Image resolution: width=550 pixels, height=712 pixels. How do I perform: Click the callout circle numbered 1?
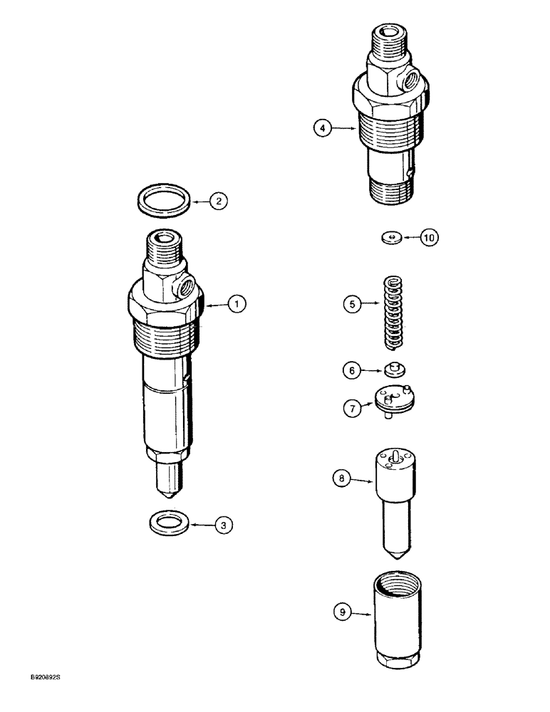click(237, 304)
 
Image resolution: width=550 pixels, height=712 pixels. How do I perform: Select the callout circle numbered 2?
click(219, 201)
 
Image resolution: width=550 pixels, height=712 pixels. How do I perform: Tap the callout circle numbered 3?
click(224, 525)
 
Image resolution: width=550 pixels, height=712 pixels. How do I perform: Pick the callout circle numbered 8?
click(342, 479)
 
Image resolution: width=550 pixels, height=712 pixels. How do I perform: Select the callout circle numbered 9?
click(343, 611)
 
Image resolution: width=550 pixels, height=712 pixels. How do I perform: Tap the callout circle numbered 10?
click(430, 238)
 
